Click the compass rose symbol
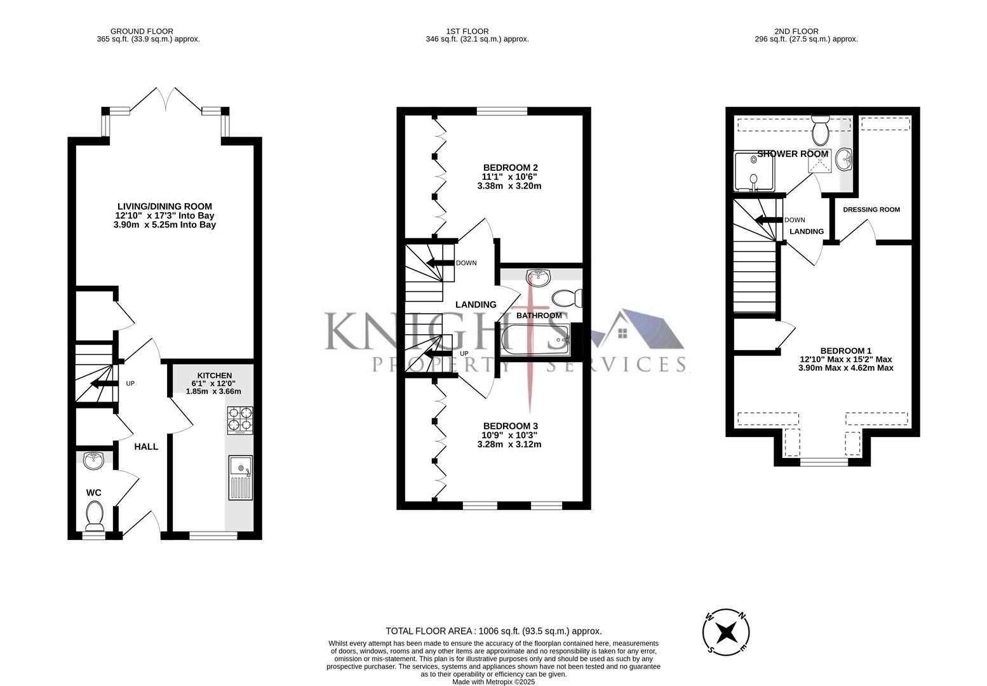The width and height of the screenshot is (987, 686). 726,633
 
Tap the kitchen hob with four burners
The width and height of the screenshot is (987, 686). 239,420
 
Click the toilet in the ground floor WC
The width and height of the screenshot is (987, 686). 95,515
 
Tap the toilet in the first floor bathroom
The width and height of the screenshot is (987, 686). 566,297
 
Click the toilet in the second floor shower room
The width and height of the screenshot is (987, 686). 820,130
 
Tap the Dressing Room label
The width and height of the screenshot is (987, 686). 871,210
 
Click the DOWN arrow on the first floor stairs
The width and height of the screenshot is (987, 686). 439,263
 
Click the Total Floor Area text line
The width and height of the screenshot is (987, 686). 493,631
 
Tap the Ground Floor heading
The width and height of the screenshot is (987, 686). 142,31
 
